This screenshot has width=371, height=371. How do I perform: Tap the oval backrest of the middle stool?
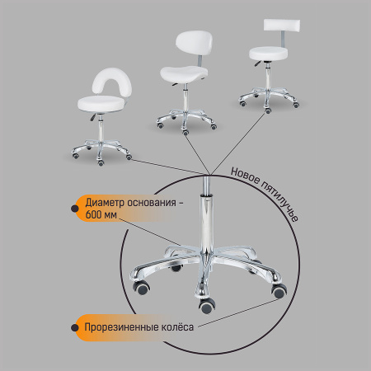(194, 44)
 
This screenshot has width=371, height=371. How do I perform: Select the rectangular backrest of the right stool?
(282, 25)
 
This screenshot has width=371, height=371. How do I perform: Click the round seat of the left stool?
(101, 103)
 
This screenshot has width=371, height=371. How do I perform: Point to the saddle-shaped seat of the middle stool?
(184, 73)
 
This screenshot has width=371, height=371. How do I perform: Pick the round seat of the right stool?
(268, 54)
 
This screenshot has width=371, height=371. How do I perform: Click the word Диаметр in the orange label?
(103, 203)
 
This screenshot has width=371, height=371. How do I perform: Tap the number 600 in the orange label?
(93, 214)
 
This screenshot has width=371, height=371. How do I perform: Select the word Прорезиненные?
(121, 327)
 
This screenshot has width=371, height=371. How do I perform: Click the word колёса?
(177, 327)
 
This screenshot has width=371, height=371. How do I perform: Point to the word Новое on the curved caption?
(245, 176)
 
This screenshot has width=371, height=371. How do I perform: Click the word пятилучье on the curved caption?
(279, 201)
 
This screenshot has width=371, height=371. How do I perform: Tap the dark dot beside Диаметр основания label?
(74, 209)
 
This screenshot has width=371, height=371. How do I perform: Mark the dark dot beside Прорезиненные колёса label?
(74, 327)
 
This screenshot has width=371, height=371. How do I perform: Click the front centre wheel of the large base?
(207, 306)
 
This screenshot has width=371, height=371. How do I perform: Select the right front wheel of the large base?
(279, 291)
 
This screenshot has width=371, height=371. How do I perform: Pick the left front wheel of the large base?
(141, 288)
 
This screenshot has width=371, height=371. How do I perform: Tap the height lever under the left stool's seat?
(93, 117)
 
